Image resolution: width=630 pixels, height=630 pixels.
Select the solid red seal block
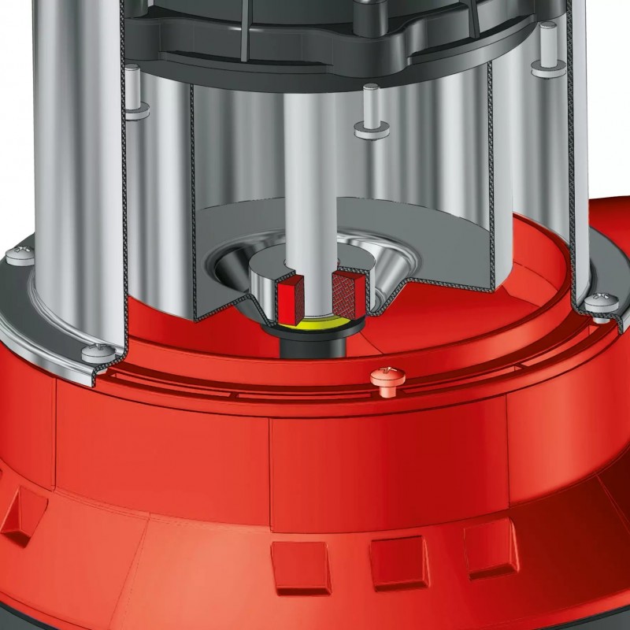288,298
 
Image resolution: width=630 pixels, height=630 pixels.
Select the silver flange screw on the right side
600,303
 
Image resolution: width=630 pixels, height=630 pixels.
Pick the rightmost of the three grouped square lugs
490,543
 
